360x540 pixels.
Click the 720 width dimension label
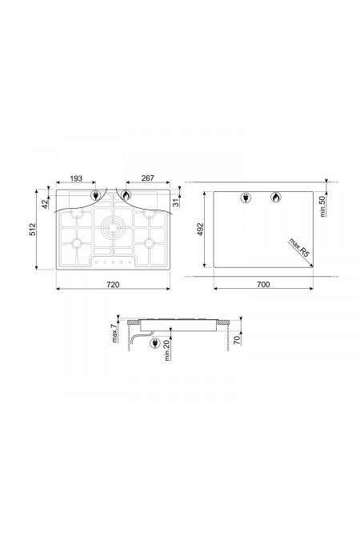pyautogui.click(x=113, y=285)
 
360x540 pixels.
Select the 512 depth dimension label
pyautogui.click(x=32, y=229)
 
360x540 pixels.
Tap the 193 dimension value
pyautogui.click(x=76, y=178)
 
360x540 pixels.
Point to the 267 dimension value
pyautogui.click(x=148, y=178)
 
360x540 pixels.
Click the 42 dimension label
pyautogui.click(x=45, y=204)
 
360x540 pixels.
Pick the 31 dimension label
pyautogui.click(x=176, y=202)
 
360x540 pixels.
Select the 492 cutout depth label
pyautogui.click(x=201, y=230)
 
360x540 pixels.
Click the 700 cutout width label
pyautogui.click(x=263, y=285)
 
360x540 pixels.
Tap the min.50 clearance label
pyautogui.click(x=322, y=206)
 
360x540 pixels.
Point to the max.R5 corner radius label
pyautogui.click(x=299, y=247)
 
